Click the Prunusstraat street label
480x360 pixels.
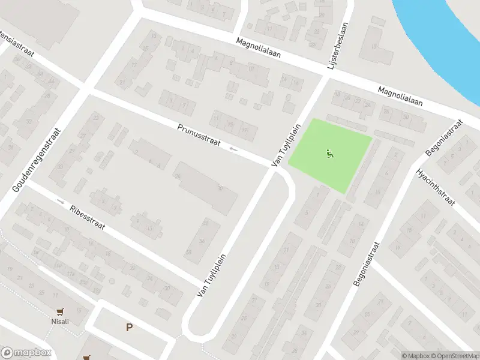199,136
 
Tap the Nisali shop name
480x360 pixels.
59,321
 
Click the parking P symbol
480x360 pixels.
128,327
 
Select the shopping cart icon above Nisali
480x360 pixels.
59,311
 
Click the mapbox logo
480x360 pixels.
26,353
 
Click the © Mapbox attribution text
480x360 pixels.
416,356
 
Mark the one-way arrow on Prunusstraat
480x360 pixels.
233,149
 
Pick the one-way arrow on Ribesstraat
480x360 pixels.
61,201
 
